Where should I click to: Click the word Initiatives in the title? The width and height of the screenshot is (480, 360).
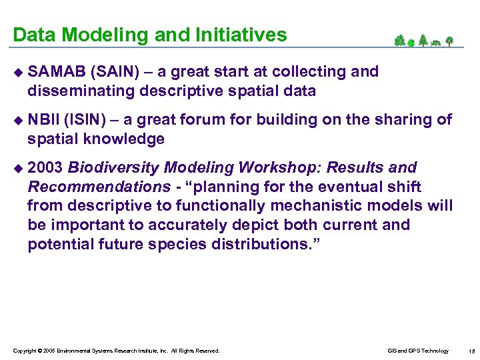coord(241,35)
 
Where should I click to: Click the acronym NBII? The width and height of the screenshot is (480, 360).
coord(42,120)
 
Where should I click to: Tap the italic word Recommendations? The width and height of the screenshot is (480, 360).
coord(99,187)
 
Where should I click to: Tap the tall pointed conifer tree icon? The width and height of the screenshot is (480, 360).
coord(422,41)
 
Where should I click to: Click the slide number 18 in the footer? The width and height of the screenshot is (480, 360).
coord(471,351)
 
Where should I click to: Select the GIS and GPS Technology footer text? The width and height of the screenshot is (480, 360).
coord(417,351)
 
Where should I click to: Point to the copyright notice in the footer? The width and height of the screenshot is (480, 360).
coord(116,351)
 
